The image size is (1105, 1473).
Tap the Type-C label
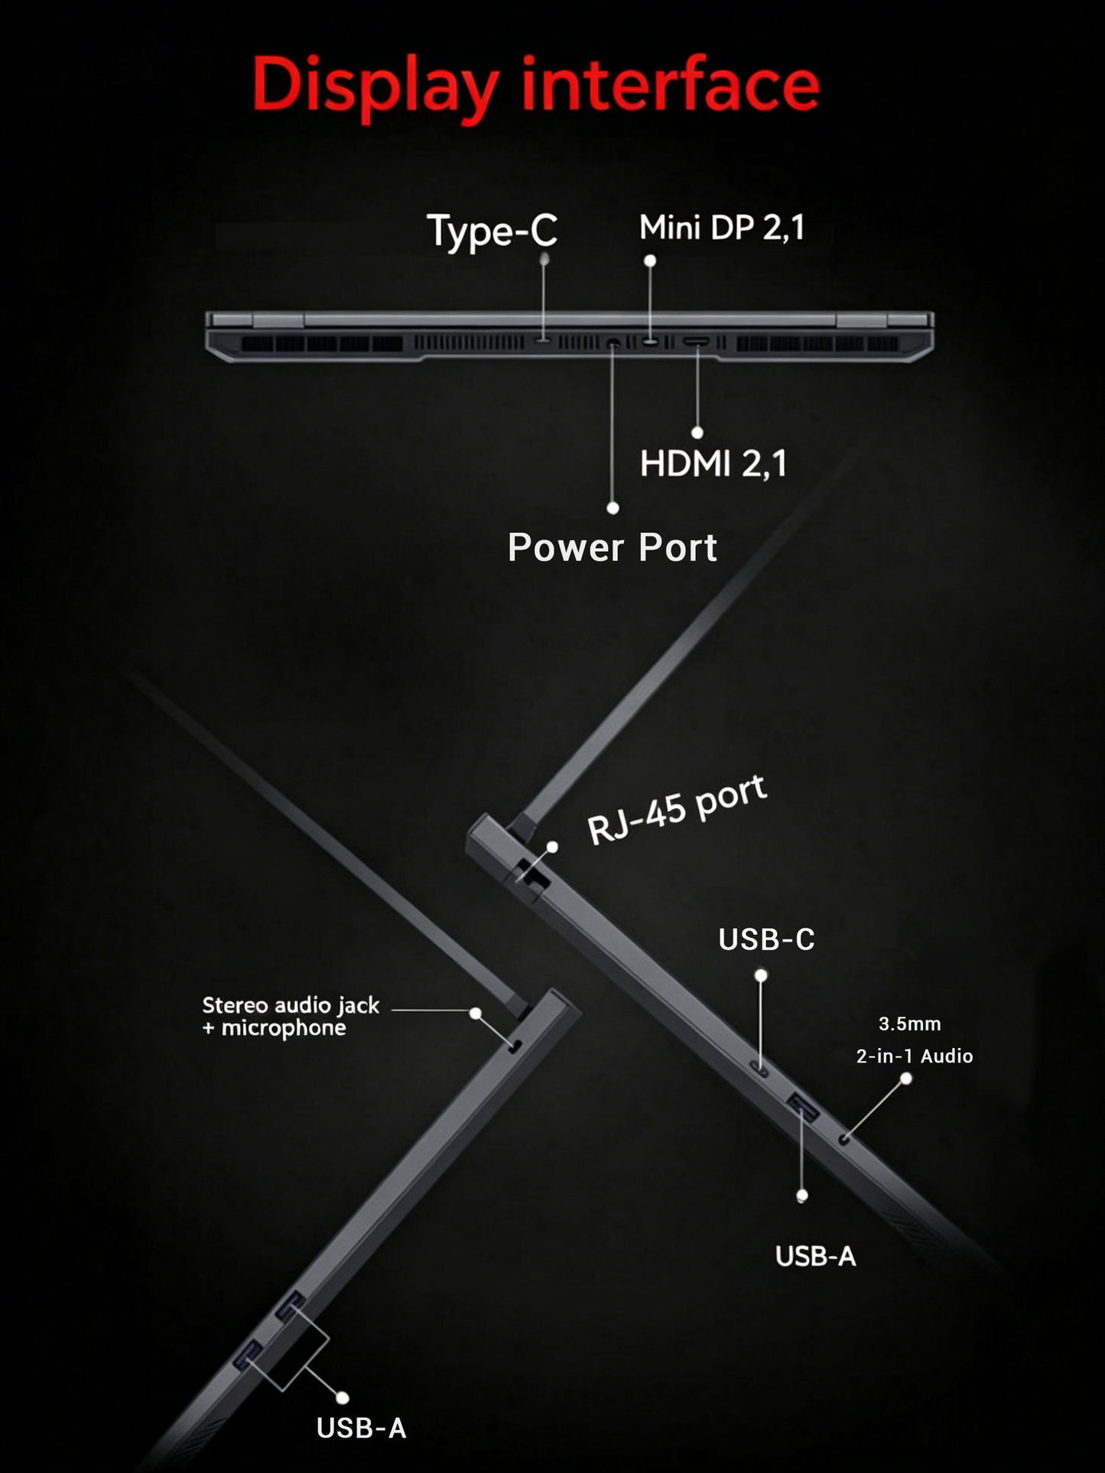click(x=492, y=231)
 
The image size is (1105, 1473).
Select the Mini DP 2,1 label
click(x=722, y=228)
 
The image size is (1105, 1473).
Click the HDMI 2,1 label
click(x=713, y=463)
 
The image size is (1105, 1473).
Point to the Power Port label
click(x=612, y=547)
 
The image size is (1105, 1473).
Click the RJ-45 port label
click(x=677, y=810)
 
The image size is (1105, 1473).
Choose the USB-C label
click(x=766, y=939)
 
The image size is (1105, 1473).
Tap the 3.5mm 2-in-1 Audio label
click(x=914, y=1040)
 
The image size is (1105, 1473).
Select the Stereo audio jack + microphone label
click(x=290, y=1016)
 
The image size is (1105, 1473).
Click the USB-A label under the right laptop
click(x=815, y=1256)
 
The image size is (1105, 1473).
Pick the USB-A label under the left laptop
click(x=361, y=1428)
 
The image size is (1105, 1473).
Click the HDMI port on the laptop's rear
click(x=696, y=342)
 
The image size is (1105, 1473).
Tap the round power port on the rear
click(x=613, y=344)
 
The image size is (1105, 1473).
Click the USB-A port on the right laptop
click(x=803, y=1106)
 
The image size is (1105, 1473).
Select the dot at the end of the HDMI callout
click(x=697, y=433)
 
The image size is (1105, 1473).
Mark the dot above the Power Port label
click(x=613, y=508)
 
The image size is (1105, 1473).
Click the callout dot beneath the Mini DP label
click(x=650, y=261)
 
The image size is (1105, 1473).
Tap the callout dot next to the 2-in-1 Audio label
click(x=906, y=1079)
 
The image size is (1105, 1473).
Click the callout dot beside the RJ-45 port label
click(x=552, y=847)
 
